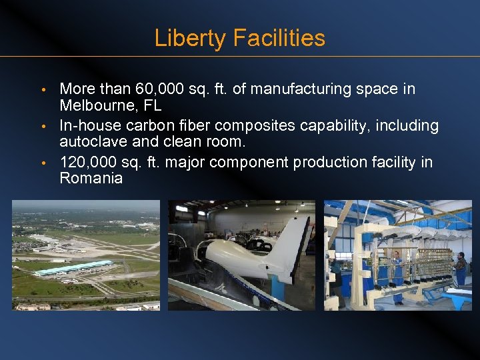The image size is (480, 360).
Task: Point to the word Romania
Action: tap(91, 178)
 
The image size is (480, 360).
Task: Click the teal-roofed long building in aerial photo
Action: tap(73, 269)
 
